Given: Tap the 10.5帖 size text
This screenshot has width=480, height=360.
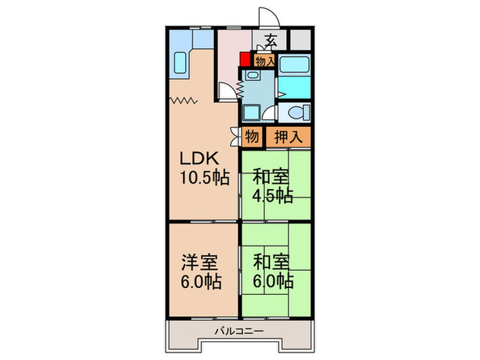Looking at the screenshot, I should (x=204, y=178).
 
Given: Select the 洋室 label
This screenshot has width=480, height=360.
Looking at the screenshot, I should (x=200, y=262).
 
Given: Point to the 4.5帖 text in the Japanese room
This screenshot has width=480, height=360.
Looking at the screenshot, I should (x=273, y=195).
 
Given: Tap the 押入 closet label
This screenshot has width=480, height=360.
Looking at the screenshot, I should (x=288, y=136).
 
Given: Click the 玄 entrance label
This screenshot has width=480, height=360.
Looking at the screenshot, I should (x=272, y=40).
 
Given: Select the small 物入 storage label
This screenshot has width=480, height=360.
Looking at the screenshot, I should (x=265, y=61).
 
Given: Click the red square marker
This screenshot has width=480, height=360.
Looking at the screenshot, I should (x=245, y=61).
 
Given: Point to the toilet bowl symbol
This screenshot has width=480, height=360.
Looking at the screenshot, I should (x=296, y=112).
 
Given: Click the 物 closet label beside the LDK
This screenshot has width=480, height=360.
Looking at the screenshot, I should (x=252, y=136).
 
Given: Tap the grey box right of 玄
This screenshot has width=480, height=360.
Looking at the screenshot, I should (x=300, y=40).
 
